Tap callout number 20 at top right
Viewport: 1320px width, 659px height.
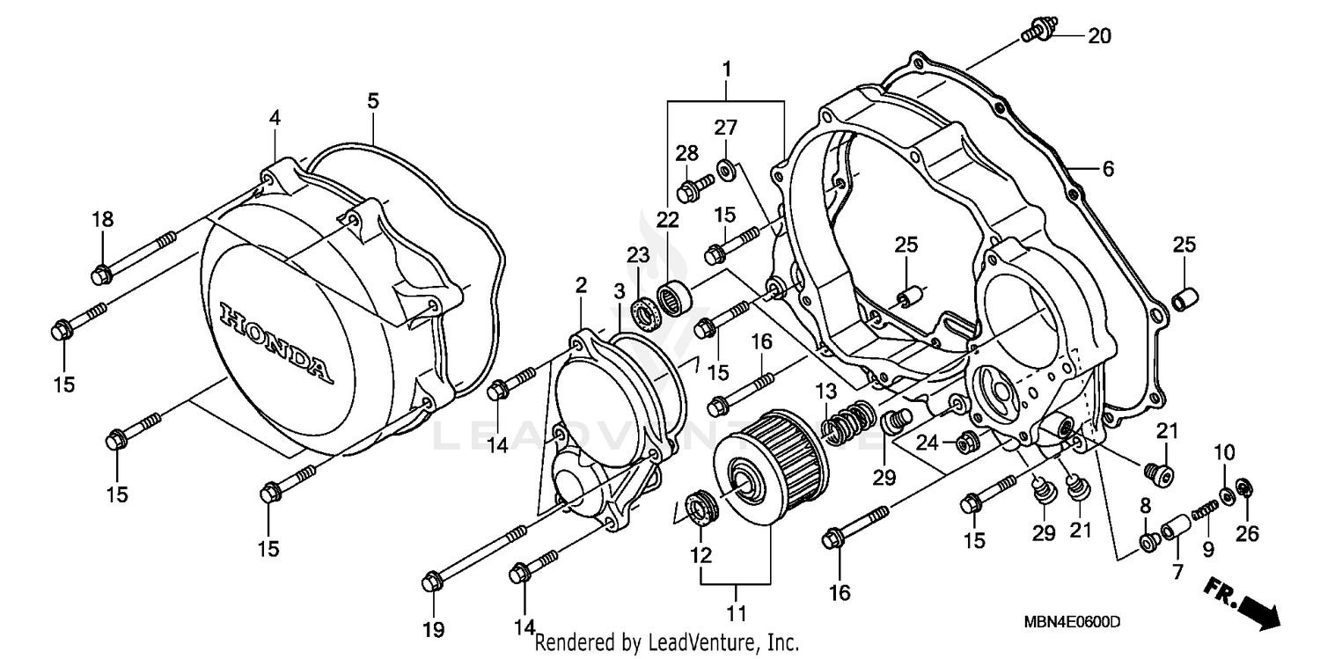point(1099,36)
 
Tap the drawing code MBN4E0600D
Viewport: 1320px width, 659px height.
point(1072,623)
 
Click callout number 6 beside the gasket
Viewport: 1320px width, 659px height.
point(1107,169)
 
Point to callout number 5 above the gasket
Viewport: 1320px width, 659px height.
point(373,102)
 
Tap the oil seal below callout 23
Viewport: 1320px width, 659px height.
point(645,310)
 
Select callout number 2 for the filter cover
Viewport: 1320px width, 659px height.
point(580,285)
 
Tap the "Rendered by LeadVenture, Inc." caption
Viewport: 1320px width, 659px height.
point(666,642)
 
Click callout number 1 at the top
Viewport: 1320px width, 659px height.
point(727,68)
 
